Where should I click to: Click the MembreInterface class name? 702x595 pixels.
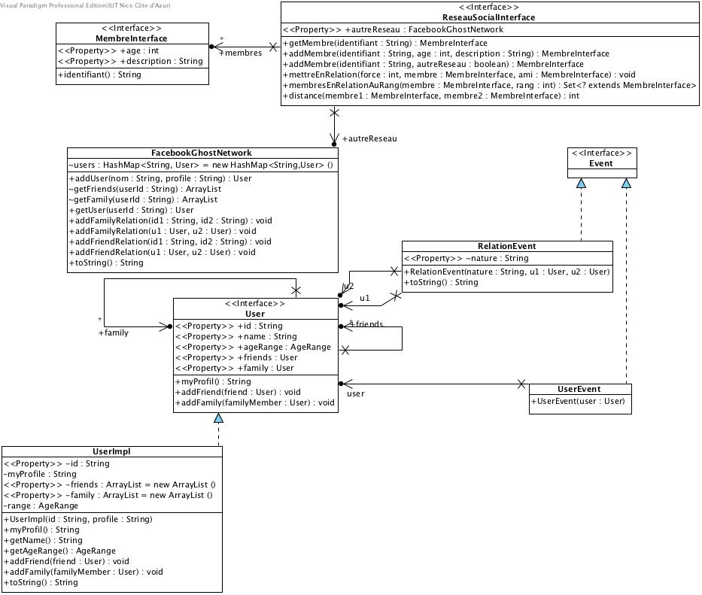coord(132,38)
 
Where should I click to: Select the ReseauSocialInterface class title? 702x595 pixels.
coord(489,17)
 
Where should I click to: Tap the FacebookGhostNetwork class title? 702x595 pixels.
coord(202,153)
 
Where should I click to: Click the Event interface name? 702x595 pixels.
coord(601,163)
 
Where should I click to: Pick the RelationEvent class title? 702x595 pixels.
coord(506,246)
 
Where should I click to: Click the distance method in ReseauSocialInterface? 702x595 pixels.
coord(431,96)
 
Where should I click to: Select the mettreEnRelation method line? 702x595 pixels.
coord(460,74)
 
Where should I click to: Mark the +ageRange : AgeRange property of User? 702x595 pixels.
coord(252,347)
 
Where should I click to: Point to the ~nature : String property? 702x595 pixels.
coord(456,258)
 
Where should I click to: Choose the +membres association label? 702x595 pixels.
coord(240,53)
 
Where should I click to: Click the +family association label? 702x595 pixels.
coord(113,332)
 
